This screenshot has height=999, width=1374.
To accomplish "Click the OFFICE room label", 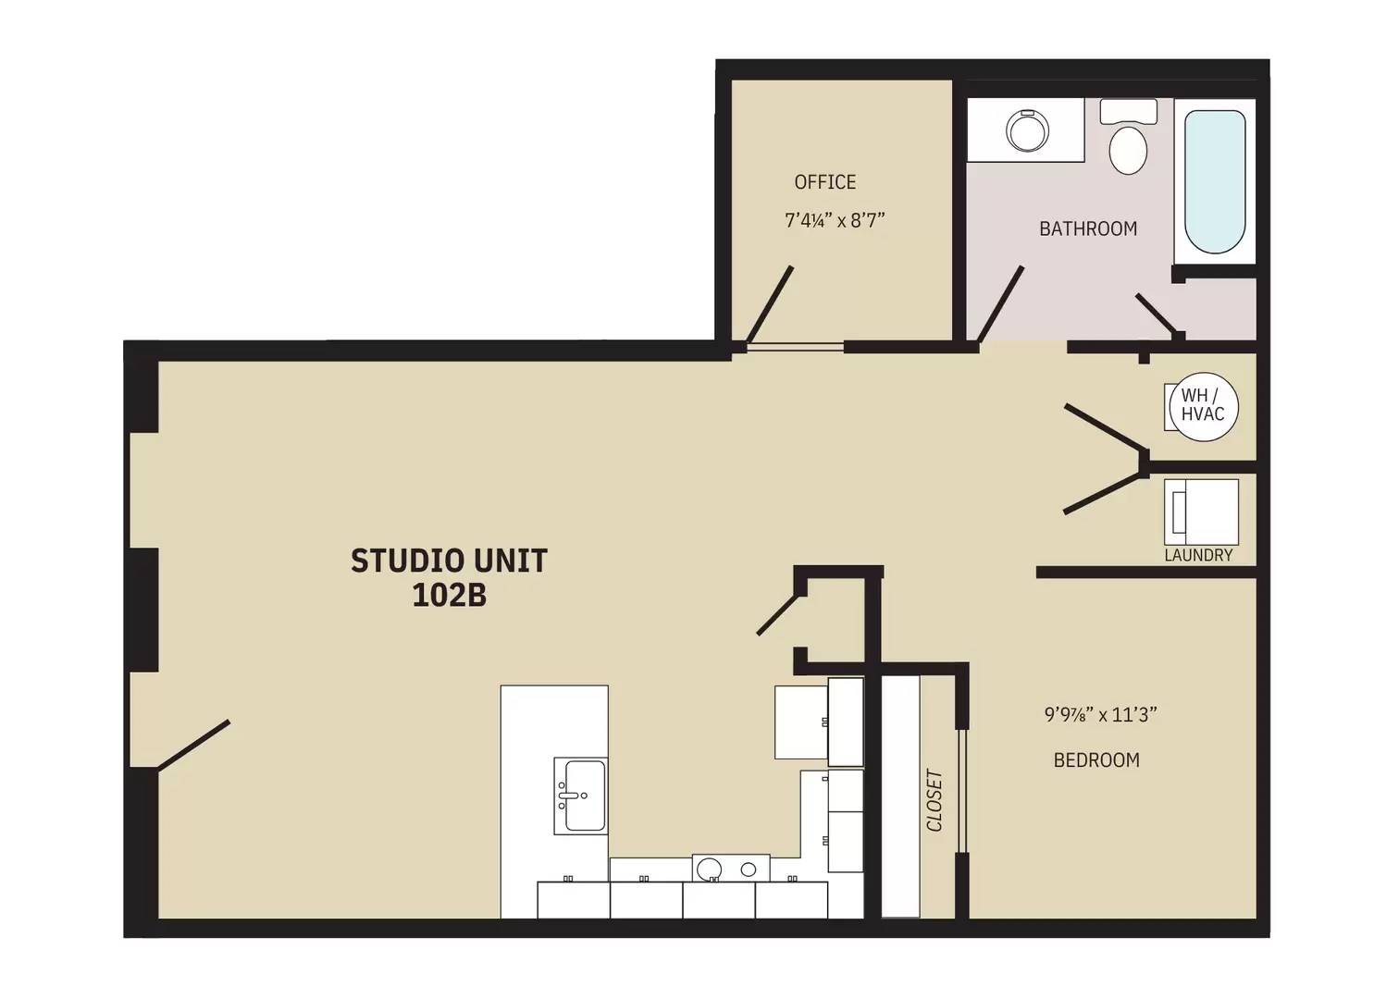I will pyautogui.click(x=824, y=182).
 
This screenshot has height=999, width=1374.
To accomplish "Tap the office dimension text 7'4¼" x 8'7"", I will pyautogui.click(x=835, y=221).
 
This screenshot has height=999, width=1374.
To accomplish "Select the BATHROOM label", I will pyautogui.click(x=1087, y=228).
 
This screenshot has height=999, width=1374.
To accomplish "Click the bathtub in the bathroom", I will pyautogui.click(x=1214, y=181).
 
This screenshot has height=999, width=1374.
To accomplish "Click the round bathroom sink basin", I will pyautogui.click(x=1026, y=131).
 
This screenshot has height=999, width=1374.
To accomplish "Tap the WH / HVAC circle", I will pyautogui.click(x=1202, y=406).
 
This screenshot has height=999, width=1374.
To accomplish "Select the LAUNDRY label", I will pyautogui.click(x=1197, y=555).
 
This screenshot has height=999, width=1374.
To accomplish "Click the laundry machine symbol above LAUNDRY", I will pyautogui.click(x=1201, y=512).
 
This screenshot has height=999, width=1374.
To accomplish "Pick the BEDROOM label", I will pyautogui.click(x=1095, y=760).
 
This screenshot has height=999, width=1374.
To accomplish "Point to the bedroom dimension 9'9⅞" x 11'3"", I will pyautogui.click(x=1101, y=715).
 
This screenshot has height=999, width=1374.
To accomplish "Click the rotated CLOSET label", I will pyautogui.click(x=935, y=800).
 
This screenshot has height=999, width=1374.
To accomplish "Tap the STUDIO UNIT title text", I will pyautogui.click(x=449, y=561).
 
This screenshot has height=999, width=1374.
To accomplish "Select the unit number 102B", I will pyautogui.click(x=449, y=596).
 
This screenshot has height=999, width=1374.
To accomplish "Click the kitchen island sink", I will pyautogui.click(x=580, y=795).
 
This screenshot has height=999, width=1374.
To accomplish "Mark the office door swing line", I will pyautogui.click(x=769, y=305).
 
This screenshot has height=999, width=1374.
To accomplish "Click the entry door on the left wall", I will pyautogui.click(x=193, y=745).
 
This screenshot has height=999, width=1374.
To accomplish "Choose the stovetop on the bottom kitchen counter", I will pyautogui.click(x=730, y=868).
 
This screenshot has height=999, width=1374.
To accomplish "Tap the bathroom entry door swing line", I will pyautogui.click(x=1000, y=304).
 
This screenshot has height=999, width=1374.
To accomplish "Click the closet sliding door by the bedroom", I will pyautogui.click(x=962, y=791).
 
